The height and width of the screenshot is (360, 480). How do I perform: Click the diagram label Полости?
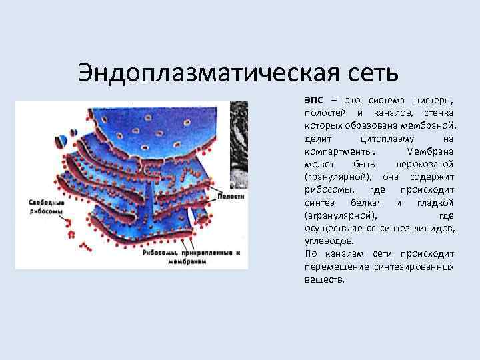coord(232,197)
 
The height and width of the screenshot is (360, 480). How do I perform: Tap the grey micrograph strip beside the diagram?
coord(239,143)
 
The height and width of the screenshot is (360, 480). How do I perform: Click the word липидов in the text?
coord(438,228)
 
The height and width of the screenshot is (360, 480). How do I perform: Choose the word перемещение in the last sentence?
coord(335,266)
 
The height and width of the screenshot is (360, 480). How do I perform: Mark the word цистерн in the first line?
coord(434,100)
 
